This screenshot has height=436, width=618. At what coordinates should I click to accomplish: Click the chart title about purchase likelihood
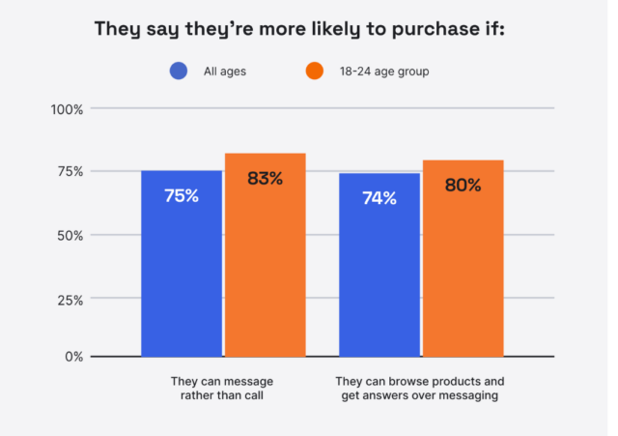[299, 28]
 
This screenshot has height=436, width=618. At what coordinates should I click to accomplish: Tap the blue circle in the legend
[179, 71]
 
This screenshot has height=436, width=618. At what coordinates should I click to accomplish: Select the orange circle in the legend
[314, 71]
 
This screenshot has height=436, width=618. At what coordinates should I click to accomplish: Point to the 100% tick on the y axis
[68, 108]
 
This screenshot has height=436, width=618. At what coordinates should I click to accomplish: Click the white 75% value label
[182, 195]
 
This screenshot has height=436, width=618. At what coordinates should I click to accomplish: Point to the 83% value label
[266, 178]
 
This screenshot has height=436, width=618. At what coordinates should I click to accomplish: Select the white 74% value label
[379, 198]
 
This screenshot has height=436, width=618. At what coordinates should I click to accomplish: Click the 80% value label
[463, 185]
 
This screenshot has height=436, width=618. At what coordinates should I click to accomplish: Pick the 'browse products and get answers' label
[420, 388]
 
